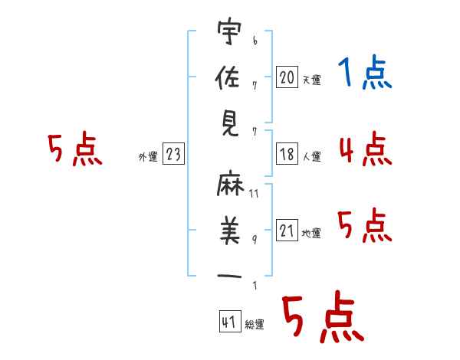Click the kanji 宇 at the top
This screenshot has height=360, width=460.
click(x=229, y=31)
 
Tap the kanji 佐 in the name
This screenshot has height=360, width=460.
click(x=228, y=77)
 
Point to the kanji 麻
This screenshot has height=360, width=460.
click(x=230, y=183)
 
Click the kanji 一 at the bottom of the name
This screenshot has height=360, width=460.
click(x=229, y=276)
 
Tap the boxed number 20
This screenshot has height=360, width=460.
click(x=287, y=77)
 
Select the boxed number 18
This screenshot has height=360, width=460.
click(x=287, y=154)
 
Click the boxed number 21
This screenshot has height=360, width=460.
click(x=287, y=230)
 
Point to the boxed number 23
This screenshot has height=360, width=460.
click(x=173, y=153)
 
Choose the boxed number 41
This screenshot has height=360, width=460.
click(x=230, y=321)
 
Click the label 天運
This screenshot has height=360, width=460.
click(x=312, y=80)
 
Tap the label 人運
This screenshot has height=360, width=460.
click(x=312, y=156)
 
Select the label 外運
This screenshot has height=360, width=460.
click(x=148, y=156)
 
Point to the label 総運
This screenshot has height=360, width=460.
click(x=255, y=324)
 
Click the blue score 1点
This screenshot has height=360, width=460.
click(x=365, y=72)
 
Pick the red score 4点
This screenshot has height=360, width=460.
click(x=366, y=149)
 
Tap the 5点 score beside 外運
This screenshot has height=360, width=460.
click(x=75, y=149)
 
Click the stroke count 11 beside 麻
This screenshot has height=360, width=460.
click(x=254, y=194)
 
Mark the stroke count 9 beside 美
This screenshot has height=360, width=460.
click(x=255, y=240)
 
